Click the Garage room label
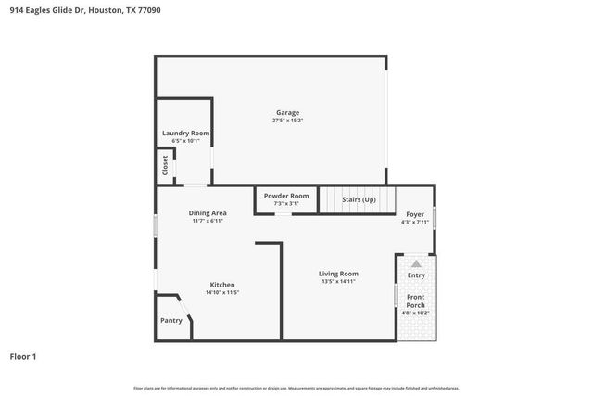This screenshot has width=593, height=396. click(x=286, y=112)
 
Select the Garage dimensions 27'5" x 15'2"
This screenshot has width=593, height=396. click(x=286, y=121)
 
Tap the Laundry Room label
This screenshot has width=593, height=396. click(x=185, y=134)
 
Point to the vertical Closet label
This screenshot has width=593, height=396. click(x=165, y=165)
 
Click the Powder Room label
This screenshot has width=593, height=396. click(x=286, y=196)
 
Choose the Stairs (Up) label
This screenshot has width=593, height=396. click(x=359, y=199)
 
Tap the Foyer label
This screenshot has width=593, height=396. click(x=415, y=214)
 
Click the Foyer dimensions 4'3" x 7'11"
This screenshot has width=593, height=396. click(x=415, y=223)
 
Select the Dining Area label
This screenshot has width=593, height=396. click(x=209, y=212)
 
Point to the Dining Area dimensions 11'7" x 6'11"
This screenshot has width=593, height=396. click(x=209, y=221)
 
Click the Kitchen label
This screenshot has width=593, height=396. click(x=221, y=285)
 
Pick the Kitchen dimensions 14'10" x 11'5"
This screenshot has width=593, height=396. click(x=221, y=293)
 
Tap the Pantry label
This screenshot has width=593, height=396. click(x=171, y=320)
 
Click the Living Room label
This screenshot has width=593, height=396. click(x=338, y=274)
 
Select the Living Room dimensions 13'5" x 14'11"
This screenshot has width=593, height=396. click(x=338, y=282)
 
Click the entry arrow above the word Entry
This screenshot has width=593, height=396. click(x=416, y=264)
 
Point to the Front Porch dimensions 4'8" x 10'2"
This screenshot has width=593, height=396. click(x=416, y=313)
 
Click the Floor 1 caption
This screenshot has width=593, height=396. click(x=23, y=355)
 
